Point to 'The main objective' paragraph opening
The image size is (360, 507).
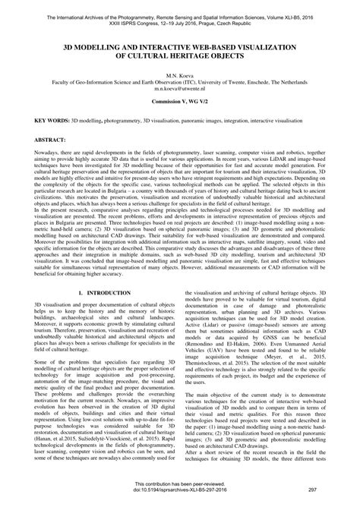pos(216,395)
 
